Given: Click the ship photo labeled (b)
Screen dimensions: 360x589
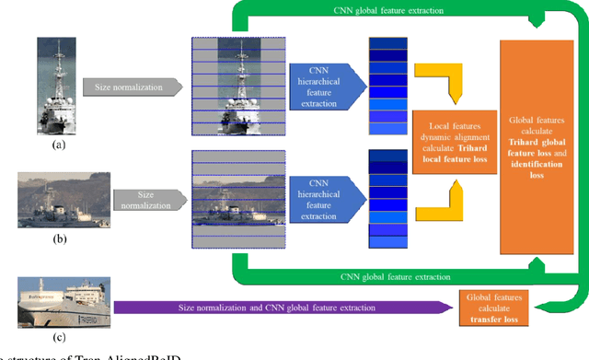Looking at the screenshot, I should (64, 200).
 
